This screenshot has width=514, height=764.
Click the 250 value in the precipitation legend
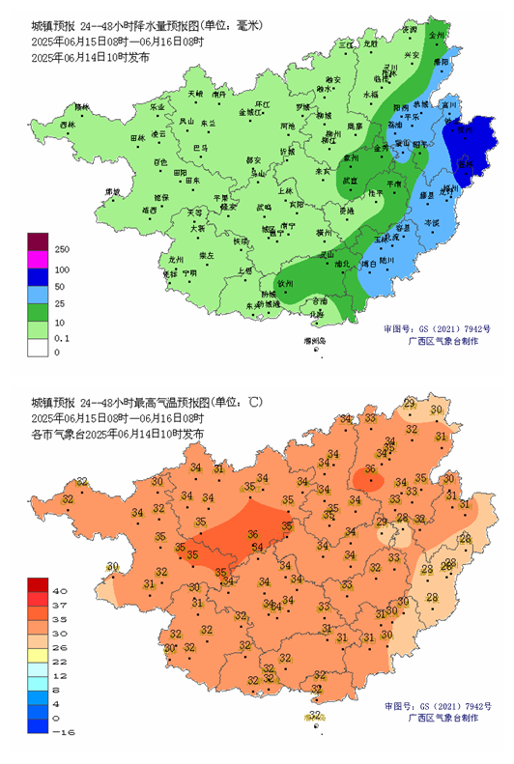click(61, 249)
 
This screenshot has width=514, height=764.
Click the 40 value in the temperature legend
click(60, 589)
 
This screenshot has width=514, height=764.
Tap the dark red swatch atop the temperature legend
click(39, 584)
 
